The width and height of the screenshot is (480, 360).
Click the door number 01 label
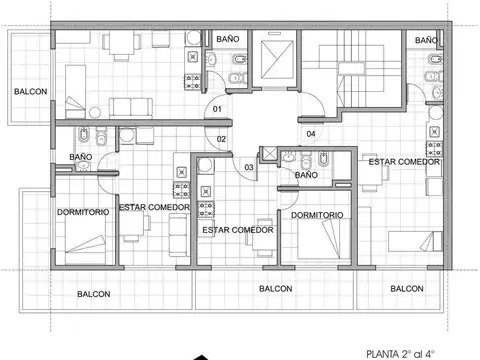(x=217, y=109)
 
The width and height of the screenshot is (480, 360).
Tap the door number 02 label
(x=221, y=139)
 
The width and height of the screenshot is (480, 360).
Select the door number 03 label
(x=249, y=166)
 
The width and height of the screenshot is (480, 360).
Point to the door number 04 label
(x=311, y=133)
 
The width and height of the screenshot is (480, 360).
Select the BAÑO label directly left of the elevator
(x=228, y=38)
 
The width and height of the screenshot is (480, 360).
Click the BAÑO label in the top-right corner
(x=426, y=40)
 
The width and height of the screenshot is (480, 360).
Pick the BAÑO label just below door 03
(x=306, y=176)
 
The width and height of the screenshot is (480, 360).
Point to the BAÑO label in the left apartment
(x=82, y=157)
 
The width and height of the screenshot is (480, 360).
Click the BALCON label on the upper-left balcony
(x=30, y=92)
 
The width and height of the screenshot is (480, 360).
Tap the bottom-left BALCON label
(x=95, y=294)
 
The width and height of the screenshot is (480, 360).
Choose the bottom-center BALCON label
(x=276, y=289)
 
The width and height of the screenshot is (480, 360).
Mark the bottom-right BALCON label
(x=407, y=289)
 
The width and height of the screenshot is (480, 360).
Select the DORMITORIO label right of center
(x=318, y=215)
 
